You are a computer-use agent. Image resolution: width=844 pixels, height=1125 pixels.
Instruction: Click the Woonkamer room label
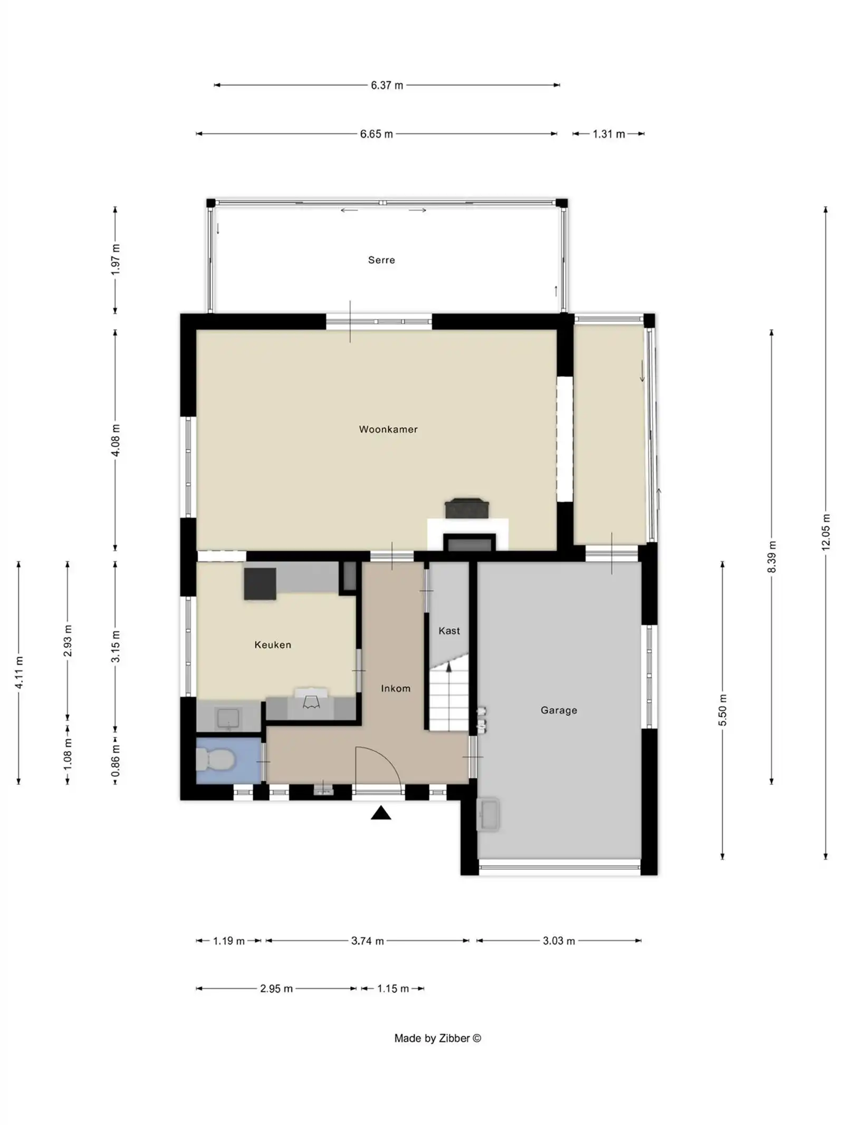coord(388,429)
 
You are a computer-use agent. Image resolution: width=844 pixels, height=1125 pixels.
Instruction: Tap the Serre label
coord(381,260)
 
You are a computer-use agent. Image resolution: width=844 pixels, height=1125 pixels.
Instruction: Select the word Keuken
coord(272,645)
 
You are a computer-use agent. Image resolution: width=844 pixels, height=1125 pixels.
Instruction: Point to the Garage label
coord(558,710)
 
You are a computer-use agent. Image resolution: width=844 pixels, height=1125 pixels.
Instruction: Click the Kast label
coord(449,631)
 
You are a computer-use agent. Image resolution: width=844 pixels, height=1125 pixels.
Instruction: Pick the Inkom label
coord(395,688)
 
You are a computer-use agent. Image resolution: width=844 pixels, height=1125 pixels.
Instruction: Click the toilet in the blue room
coord(215,759)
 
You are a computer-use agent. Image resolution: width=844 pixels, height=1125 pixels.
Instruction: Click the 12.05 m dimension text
coord(826,532)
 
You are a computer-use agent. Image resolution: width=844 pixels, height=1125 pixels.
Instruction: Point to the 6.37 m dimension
coord(386,85)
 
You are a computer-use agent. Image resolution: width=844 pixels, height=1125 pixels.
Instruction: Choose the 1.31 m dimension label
coord(608,134)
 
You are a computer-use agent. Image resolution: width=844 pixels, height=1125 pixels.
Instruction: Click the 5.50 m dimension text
coord(722,709)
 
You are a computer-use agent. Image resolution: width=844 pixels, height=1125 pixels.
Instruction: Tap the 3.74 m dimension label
coord(367,940)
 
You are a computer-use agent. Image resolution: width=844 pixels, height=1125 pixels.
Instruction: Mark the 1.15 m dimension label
coord(392,988)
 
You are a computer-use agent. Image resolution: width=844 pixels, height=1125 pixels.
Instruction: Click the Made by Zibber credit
coord(437,1038)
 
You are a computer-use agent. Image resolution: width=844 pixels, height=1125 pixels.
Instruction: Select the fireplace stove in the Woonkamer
coord(466,508)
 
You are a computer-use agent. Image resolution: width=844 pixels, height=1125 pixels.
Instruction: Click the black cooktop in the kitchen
coord(260,583)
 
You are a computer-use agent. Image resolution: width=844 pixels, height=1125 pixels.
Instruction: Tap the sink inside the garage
coord(488,815)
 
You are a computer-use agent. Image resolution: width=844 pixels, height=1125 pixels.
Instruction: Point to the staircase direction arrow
coord(449,668)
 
